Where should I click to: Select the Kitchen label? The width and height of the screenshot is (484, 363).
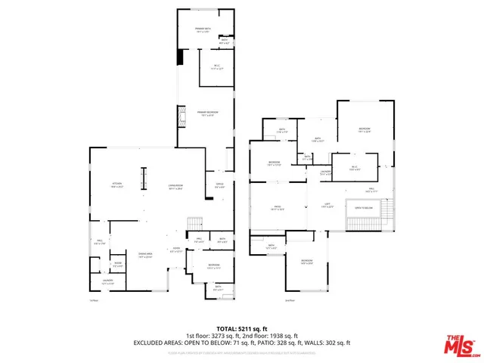point(117,184)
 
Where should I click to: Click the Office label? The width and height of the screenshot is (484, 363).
point(220,185)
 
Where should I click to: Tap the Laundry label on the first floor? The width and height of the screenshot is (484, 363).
point(107,281)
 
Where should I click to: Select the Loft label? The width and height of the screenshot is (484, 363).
point(327,206)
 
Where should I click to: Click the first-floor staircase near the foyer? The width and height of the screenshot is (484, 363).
point(195,223)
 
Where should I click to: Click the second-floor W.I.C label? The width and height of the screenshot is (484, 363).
point(353,168)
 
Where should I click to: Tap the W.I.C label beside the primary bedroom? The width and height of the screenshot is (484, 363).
point(216,67)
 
